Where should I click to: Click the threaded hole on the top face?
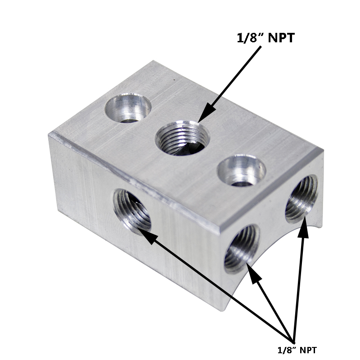[x=183, y=137]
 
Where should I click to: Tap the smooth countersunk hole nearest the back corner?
[x=128, y=108]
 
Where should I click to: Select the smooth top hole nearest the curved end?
[x=241, y=171]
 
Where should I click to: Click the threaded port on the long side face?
[x=132, y=211]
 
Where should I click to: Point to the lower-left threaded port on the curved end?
[x=242, y=249]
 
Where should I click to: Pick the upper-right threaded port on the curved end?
[x=301, y=199]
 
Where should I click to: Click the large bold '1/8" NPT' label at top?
[x=265, y=38]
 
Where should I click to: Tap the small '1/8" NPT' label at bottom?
[x=297, y=350]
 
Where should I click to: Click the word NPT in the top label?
[x=281, y=38]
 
